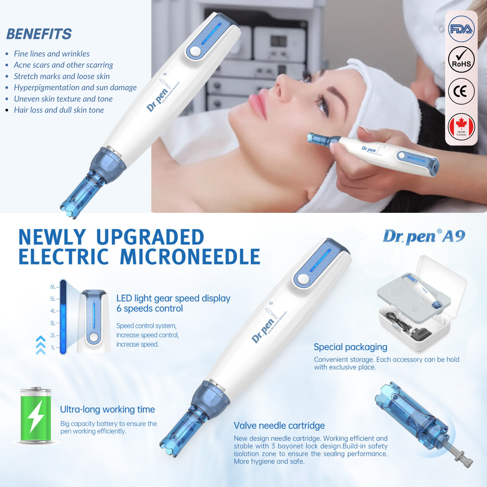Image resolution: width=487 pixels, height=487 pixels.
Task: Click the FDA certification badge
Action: [x=461, y=29]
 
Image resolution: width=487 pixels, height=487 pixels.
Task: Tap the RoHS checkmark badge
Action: [x=461, y=60]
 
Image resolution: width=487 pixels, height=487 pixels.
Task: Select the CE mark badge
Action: [x=461, y=91]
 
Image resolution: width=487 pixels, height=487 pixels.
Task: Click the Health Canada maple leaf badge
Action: [x=461, y=127]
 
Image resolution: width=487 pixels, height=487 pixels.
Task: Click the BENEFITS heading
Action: [x=39, y=34]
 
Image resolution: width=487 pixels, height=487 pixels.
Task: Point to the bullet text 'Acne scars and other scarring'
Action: [x=63, y=65]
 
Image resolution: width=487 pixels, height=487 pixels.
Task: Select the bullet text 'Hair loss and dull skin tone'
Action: [x=59, y=110]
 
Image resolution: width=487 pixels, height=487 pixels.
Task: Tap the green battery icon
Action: [x=36, y=415]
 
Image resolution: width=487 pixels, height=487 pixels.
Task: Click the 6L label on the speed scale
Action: [x=53, y=287]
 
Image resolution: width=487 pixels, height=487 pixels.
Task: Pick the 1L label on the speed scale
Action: [x=53, y=348]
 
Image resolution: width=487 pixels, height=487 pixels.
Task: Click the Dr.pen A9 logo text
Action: [x=424, y=237]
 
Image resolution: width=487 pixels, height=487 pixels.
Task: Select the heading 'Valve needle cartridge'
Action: [x=279, y=426]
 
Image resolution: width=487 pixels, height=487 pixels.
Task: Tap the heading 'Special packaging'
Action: [x=351, y=347]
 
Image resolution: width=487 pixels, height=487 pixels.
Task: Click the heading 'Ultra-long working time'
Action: [x=107, y=409]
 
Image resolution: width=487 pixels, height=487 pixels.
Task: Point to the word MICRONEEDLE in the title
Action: [x=190, y=257]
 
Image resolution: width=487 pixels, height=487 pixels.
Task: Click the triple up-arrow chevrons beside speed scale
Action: [x=41, y=345]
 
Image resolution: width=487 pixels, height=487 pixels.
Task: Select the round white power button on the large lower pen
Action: [x=303, y=280]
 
